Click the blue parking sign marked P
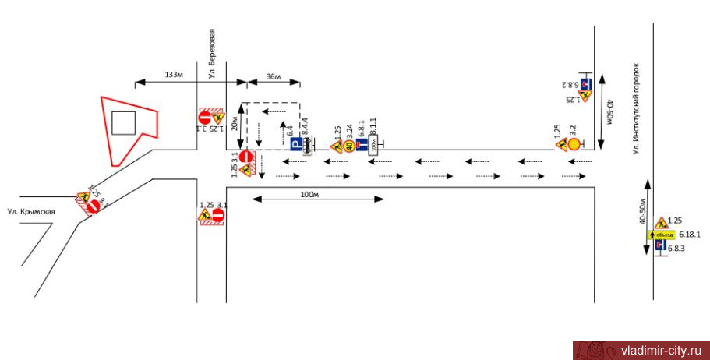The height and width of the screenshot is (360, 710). (x=295, y=145)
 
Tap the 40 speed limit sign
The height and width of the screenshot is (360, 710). (x=349, y=145)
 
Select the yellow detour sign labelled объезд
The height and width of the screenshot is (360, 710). (x=664, y=234)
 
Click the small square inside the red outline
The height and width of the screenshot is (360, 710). (x=124, y=123)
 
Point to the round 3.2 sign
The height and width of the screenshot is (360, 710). (x=574, y=144)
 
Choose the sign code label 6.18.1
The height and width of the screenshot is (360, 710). (x=691, y=234)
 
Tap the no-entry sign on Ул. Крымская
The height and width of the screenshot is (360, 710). (x=93, y=206)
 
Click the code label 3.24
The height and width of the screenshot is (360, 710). (x=349, y=129)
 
